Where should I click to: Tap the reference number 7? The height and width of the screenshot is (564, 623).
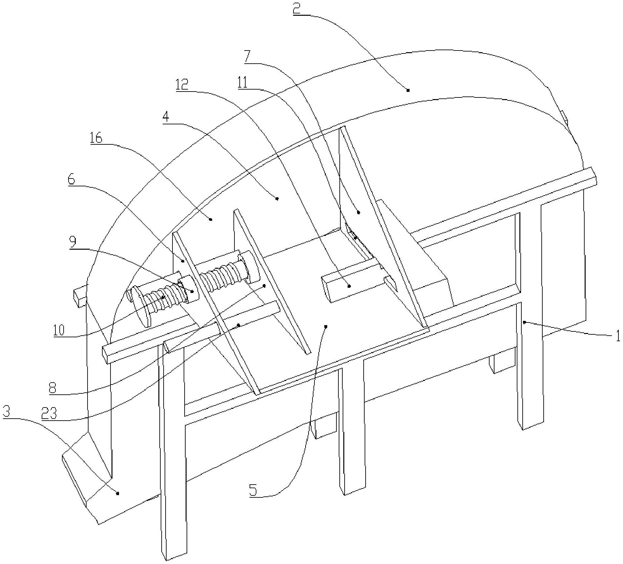click(x=248, y=57)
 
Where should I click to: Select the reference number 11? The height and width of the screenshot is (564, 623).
click(x=243, y=82)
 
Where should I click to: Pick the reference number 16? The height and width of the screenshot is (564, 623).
click(x=96, y=138)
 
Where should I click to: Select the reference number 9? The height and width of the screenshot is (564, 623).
click(x=73, y=242)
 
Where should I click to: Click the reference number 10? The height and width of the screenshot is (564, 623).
click(x=60, y=330)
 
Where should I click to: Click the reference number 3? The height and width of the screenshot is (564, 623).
click(x=7, y=412)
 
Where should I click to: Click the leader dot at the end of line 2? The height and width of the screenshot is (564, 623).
click(x=408, y=90)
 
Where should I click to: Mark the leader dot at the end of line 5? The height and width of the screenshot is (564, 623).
click(x=326, y=326)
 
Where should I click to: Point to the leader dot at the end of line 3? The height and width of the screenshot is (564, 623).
click(x=118, y=493)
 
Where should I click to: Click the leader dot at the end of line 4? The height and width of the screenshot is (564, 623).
click(x=277, y=198)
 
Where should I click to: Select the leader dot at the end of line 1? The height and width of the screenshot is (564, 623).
click(x=524, y=323)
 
